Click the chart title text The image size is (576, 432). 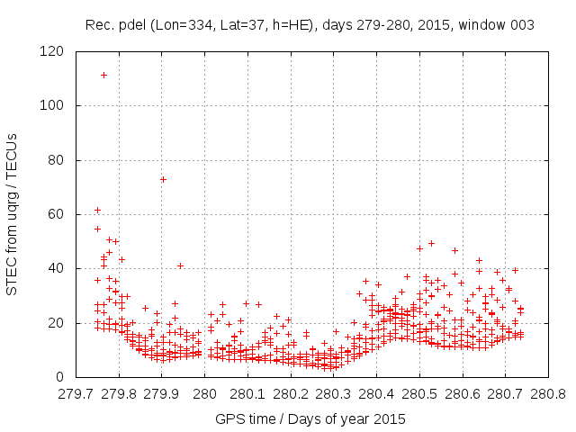click(x=310, y=25)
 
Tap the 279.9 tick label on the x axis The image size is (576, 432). click(x=162, y=393)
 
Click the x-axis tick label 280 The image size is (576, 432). click(x=205, y=393)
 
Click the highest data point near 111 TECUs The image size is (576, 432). click(x=104, y=76)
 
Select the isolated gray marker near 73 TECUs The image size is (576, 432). click(x=163, y=179)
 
